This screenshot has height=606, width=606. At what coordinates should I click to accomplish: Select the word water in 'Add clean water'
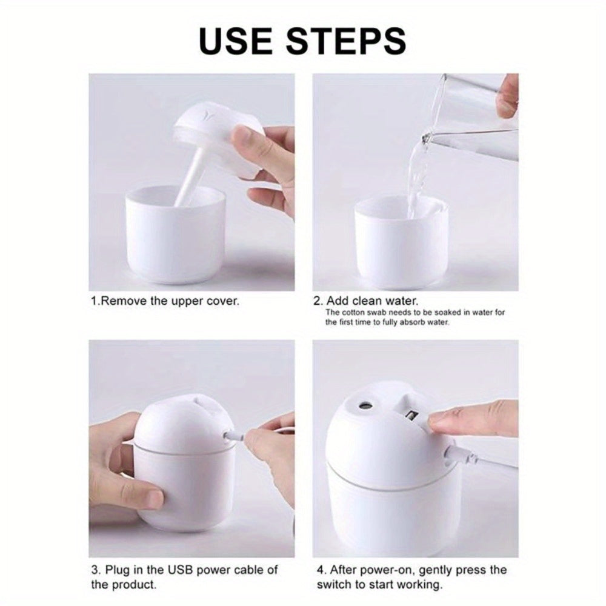400,301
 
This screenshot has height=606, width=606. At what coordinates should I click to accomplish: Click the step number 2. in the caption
318,301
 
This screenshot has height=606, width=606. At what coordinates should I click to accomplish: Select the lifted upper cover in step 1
209,133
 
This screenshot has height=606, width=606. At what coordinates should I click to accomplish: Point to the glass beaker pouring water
479,115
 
